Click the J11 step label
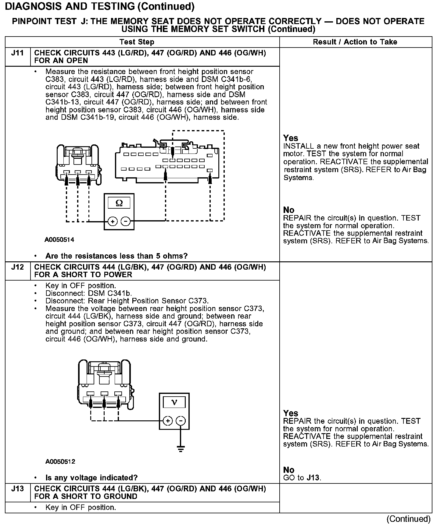(x=17, y=53)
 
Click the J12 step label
(x=17, y=267)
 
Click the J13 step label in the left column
(x=17, y=489)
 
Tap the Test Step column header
(x=137, y=42)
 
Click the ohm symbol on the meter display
(x=119, y=203)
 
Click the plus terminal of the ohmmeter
(x=113, y=221)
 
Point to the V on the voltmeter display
(x=174, y=402)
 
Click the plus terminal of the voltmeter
(x=167, y=421)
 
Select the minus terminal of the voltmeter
(x=181, y=421)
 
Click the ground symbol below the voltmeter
(x=181, y=448)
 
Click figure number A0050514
(x=59, y=240)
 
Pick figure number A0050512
(x=60, y=462)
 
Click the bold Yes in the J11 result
(x=291, y=138)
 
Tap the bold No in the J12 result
(x=289, y=470)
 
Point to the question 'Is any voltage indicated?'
(x=91, y=478)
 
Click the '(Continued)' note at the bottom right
(x=408, y=519)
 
